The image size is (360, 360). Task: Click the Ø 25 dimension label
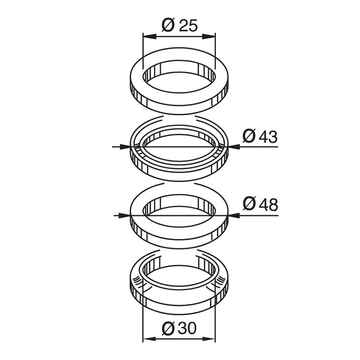click(x=179, y=26)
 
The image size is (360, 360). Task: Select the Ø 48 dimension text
click(x=260, y=205)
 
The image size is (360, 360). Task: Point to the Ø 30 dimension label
click(x=179, y=329)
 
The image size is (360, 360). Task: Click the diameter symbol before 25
click(x=166, y=26)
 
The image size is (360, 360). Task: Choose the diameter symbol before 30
click(x=166, y=329)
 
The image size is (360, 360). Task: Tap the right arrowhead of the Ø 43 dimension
click(x=234, y=147)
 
